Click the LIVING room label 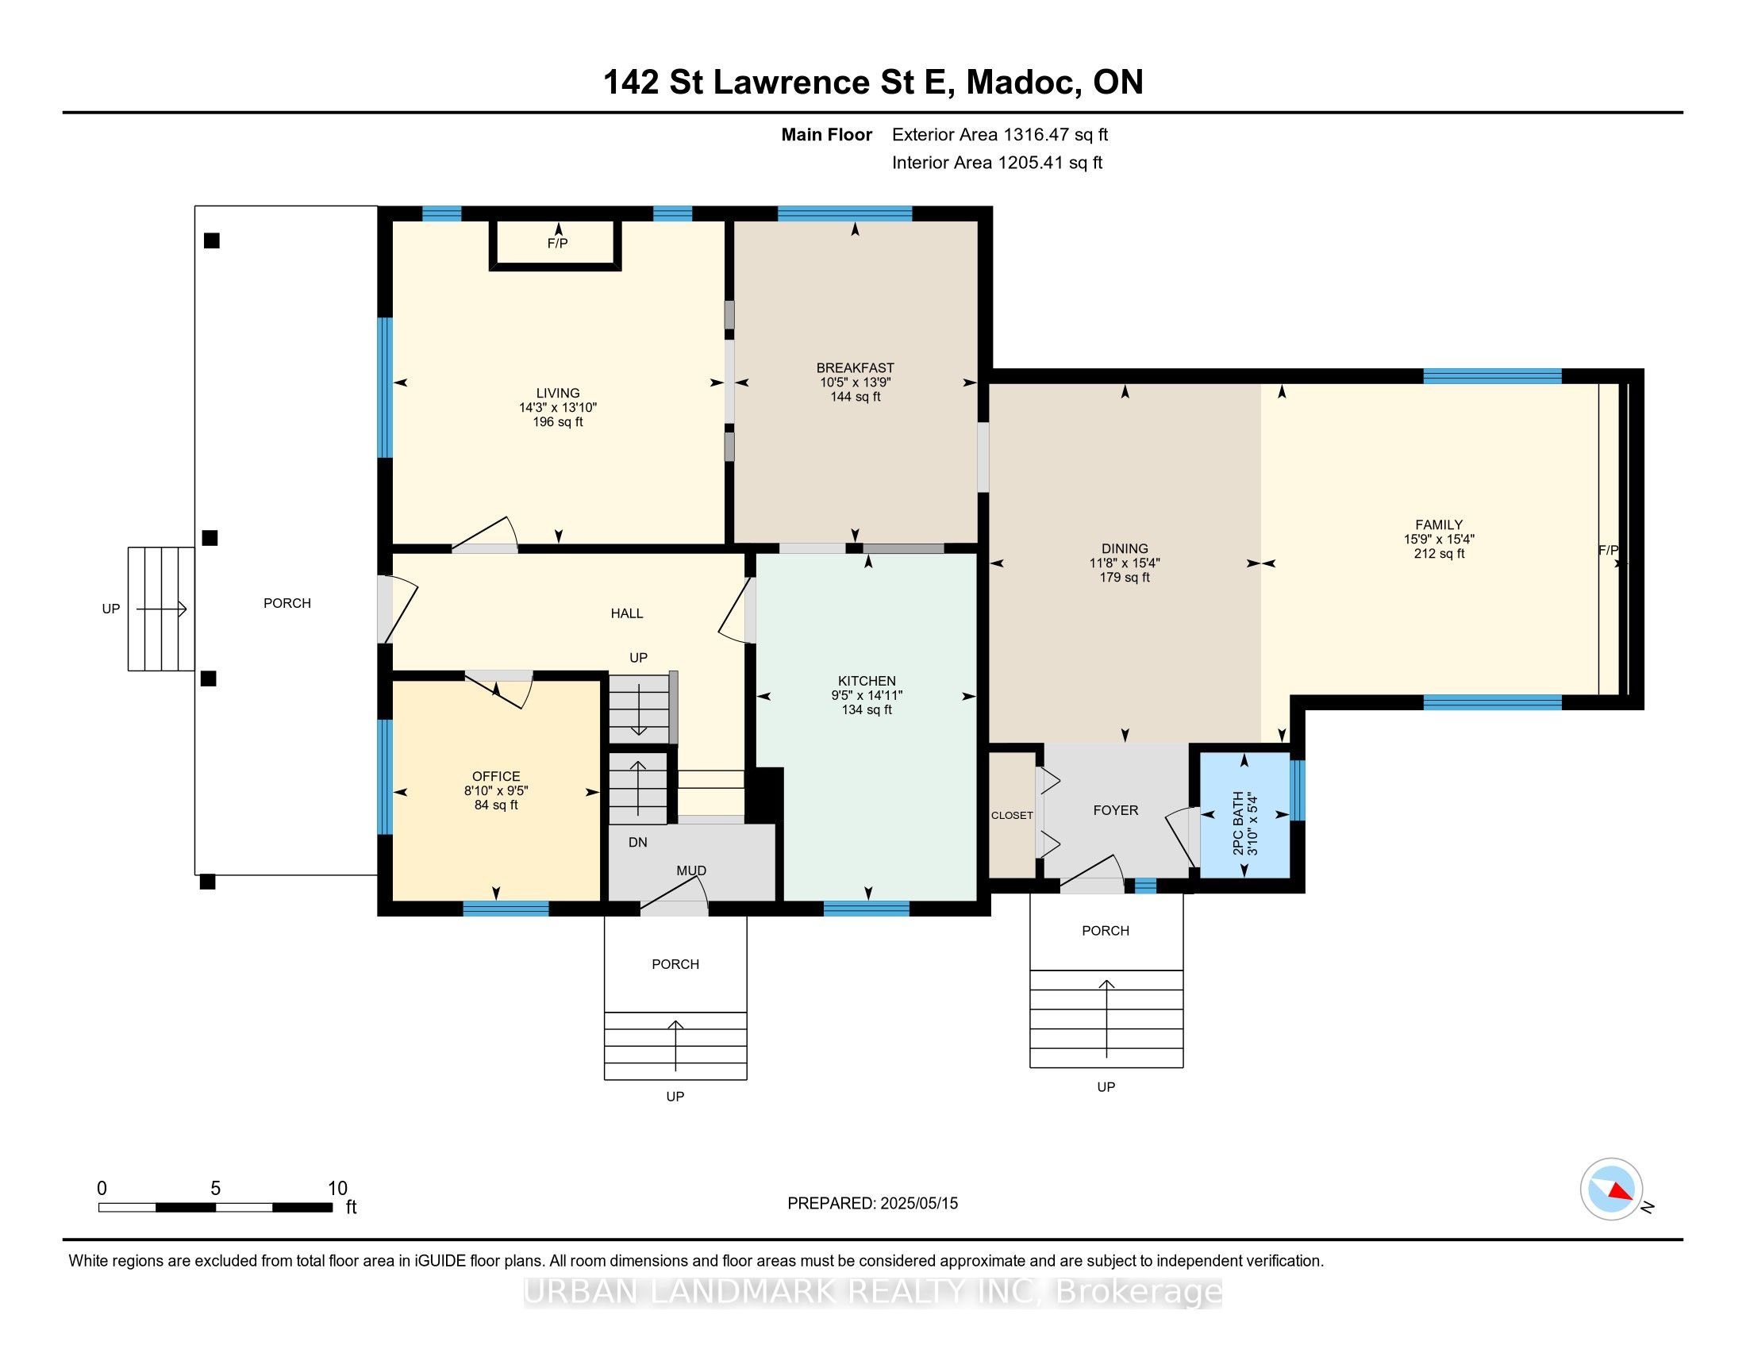(558, 393)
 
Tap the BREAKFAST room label (855, 368)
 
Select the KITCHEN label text (867, 682)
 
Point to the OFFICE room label (496, 777)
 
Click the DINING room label (1124, 549)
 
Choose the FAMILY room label (1439, 525)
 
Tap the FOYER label (1115, 810)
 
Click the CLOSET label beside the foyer (1012, 815)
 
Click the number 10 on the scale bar (337, 1189)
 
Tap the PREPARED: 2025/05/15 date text (872, 1204)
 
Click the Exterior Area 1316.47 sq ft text (1000, 135)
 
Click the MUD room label (691, 871)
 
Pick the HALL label (627, 613)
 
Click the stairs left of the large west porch (160, 609)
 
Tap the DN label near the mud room (638, 842)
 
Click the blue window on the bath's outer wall (1298, 790)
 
